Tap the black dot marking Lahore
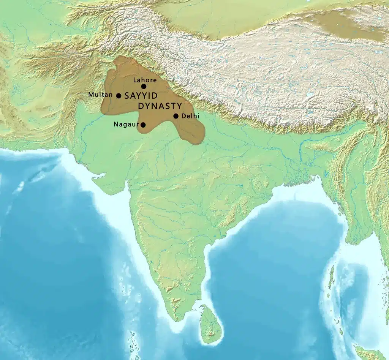[x=144, y=87]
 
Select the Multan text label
[x=100, y=95]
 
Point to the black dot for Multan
[x=119, y=96]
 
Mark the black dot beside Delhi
[x=176, y=116]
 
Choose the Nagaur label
[x=126, y=124]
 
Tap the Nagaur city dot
[x=143, y=125]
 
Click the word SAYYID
[x=141, y=96]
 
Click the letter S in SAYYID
[x=127, y=96]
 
